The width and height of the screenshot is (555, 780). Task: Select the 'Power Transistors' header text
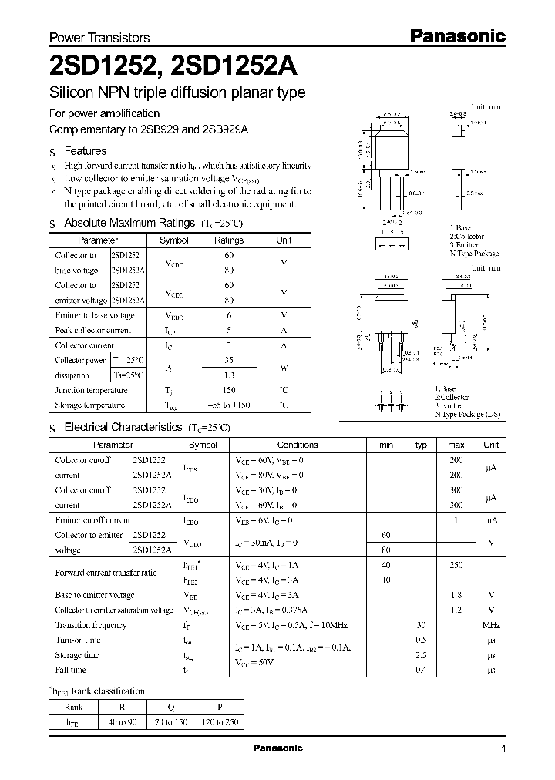(x=99, y=38)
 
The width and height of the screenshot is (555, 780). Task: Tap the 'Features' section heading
(x=86, y=151)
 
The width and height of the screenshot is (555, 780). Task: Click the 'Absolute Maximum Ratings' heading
(x=129, y=223)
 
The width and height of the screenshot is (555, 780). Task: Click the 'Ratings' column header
(x=228, y=240)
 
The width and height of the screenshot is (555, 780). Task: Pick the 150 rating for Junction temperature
(x=228, y=390)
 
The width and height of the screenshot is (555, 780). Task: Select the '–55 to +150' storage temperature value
(x=228, y=405)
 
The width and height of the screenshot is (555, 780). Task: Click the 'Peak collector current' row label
(x=93, y=330)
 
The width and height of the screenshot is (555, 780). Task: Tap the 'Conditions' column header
(x=298, y=445)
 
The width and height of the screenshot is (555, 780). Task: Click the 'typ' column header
(x=421, y=445)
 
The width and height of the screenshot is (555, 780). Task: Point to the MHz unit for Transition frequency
(x=491, y=625)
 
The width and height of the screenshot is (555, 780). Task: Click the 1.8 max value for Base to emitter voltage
(x=456, y=595)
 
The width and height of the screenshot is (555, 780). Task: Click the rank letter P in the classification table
(x=220, y=706)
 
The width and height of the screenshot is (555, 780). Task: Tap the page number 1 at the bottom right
(x=503, y=748)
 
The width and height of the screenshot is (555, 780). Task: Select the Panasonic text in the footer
(x=277, y=748)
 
